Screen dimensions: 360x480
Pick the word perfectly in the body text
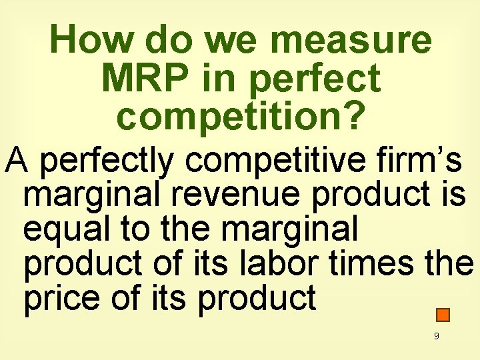pos(102,161)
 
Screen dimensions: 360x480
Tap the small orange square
pos(444,315)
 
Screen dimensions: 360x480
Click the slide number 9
pos(436,337)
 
